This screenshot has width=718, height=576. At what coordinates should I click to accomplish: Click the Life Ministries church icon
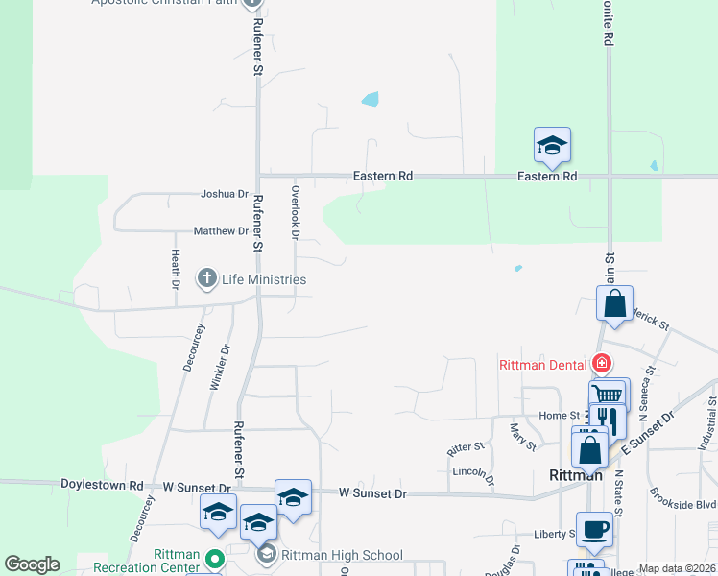point(206,279)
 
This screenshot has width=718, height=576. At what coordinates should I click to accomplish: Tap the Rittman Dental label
point(543,364)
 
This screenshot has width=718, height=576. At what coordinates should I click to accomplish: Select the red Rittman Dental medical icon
point(601,363)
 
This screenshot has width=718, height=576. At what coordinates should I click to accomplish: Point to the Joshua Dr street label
point(225,194)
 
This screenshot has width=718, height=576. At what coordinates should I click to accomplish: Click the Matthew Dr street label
point(221,231)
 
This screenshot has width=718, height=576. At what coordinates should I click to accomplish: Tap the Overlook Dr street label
point(296,212)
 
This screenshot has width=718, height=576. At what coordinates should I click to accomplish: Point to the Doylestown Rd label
point(102,486)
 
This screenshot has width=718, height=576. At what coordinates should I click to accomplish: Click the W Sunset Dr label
point(373,493)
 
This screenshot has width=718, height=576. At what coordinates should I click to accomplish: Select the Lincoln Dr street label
point(471,472)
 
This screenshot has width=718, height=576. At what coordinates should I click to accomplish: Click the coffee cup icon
point(595,529)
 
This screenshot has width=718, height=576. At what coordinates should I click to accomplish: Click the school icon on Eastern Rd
point(552,146)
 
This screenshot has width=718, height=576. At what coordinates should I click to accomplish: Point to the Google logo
point(32,564)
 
